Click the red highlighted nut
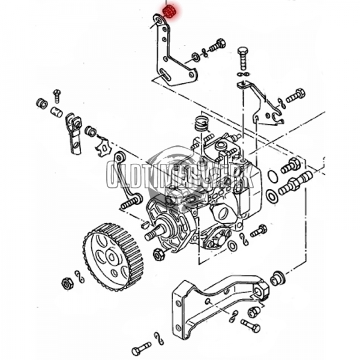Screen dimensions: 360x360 coord(169,10)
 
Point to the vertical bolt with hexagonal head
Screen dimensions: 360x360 coord(242,59)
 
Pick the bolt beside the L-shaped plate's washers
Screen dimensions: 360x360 coord(217,46)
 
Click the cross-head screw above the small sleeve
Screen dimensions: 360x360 coord(57,95)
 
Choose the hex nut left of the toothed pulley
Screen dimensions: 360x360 coord(67,283)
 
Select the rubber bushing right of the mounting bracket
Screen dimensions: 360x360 coord(277,278)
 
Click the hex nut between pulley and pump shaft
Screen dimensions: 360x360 coord(159,254)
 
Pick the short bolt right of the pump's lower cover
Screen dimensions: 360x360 coord(259,230)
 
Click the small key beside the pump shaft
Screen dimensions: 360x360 coord(145,224)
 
